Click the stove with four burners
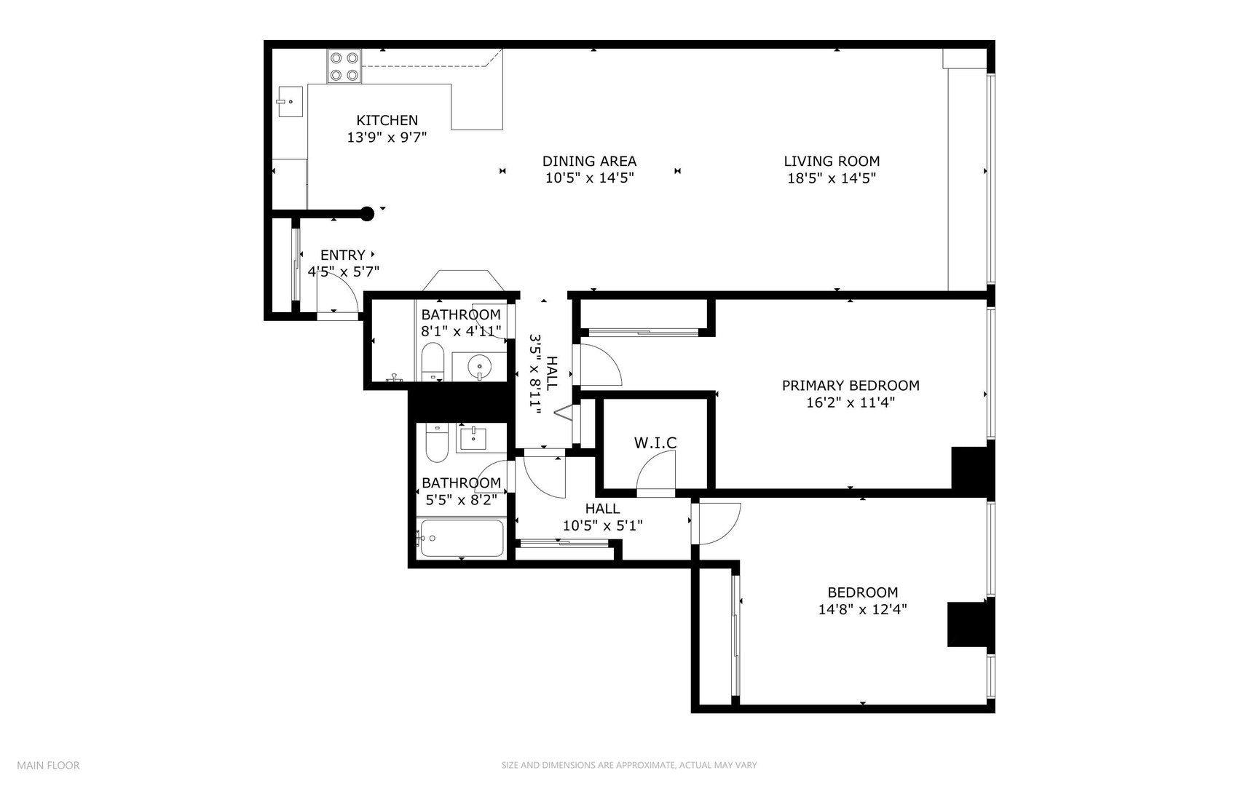click(344, 65)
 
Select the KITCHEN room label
click(387, 121)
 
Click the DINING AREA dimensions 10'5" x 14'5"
click(589, 178)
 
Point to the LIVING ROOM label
click(832, 162)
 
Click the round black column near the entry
click(368, 213)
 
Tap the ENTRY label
click(342, 255)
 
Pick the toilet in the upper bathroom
click(433, 362)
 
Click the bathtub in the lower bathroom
click(461, 539)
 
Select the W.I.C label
click(655, 442)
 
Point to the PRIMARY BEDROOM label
click(850, 386)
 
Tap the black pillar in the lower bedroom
click(968, 624)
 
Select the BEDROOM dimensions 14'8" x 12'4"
click(862, 610)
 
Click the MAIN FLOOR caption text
click(48, 765)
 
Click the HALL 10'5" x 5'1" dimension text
click(602, 525)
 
